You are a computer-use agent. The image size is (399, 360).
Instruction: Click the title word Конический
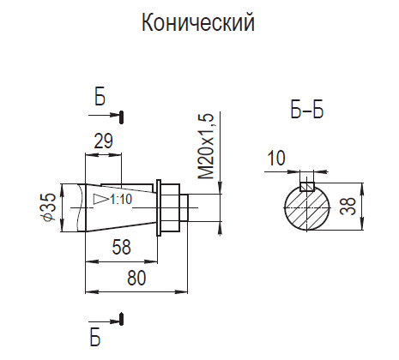point(198,23)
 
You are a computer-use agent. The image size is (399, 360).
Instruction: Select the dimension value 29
point(104,141)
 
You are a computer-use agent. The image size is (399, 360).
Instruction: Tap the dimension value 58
point(122,247)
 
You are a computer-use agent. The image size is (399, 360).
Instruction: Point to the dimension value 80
point(136,278)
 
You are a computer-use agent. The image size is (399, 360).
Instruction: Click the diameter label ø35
point(49,207)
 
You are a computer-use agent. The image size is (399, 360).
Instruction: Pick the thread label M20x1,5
point(206,146)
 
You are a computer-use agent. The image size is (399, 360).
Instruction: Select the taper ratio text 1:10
point(121,199)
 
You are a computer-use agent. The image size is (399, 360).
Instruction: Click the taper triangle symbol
point(100,199)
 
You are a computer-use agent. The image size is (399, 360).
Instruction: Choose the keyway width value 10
point(276,158)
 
